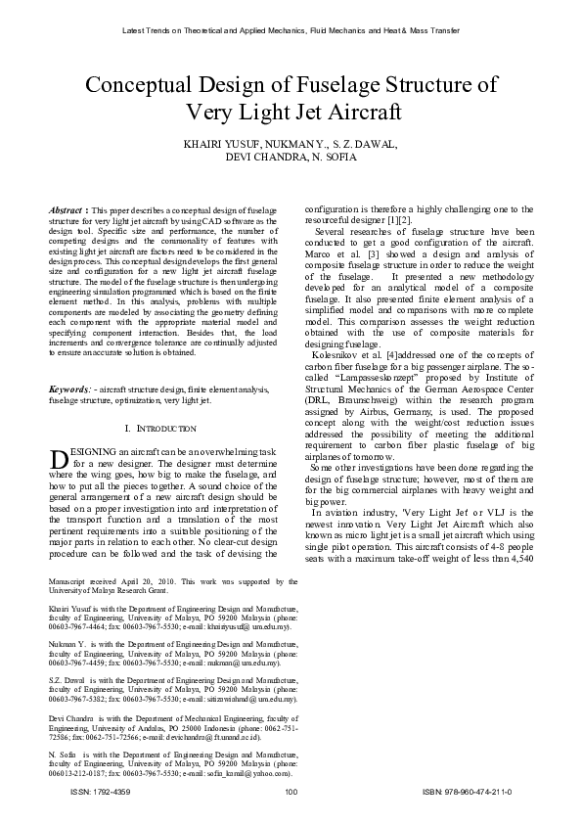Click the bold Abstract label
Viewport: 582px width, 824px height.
[x=66, y=210]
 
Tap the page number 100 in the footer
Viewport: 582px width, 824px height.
[x=291, y=792]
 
